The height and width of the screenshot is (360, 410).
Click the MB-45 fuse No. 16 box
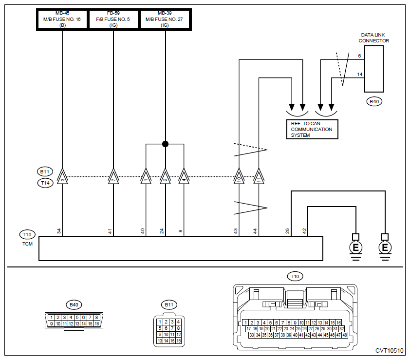[62, 19]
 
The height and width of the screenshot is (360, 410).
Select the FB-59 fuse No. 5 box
[113, 19]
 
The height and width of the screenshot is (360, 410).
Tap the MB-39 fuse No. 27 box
[165, 19]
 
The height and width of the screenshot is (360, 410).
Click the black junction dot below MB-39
[165, 144]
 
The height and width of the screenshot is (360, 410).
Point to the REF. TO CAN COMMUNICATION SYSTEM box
[312, 129]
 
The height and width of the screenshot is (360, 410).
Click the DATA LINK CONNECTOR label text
[373, 38]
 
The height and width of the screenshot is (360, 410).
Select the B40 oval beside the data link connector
[374, 101]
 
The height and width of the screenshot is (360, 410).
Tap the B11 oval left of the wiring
[45, 171]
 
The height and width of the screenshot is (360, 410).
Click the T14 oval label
[45, 183]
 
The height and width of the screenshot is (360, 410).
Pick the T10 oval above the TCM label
[27, 234]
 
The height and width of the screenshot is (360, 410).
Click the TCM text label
[27, 244]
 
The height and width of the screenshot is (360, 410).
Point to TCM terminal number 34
[59, 231]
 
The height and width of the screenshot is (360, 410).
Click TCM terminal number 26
[287, 231]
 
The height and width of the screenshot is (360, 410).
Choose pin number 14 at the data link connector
[360, 75]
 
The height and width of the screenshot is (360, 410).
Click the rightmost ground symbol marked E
[385, 247]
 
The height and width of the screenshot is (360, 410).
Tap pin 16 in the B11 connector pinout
[178, 341]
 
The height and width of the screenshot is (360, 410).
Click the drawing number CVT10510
[390, 351]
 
